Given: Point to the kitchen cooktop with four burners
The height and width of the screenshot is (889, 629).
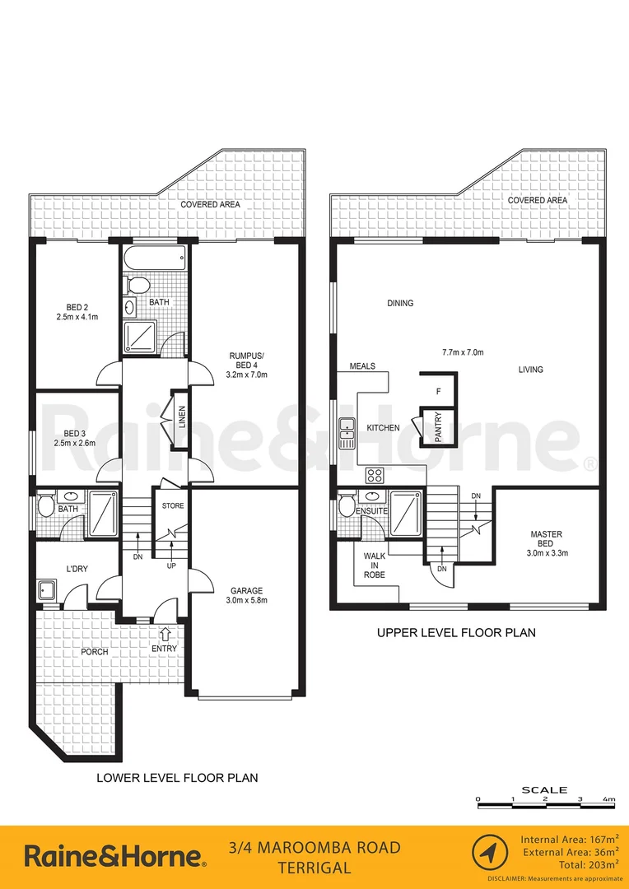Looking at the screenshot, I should [375, 475].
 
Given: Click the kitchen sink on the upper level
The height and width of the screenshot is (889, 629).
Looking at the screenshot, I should [347, 432].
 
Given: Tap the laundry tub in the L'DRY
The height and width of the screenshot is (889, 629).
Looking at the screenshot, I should [47, 590].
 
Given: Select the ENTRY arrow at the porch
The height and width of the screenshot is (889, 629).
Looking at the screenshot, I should [165, 634].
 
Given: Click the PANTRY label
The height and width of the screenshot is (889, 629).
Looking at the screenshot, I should [439, 427].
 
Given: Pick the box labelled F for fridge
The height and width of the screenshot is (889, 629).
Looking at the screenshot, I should [439, 391].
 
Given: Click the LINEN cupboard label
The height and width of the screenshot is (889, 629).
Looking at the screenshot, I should [182, 420].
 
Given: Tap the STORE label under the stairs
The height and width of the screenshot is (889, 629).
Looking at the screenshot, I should [173, 506].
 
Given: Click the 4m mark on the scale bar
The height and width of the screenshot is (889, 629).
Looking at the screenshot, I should [608, 799].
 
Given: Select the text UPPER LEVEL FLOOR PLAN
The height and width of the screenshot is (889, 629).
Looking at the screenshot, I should [456, 633].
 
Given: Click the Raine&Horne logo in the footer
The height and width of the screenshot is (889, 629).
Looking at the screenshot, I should [115, 856].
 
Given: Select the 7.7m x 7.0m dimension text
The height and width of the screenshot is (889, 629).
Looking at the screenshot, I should [463, 352].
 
